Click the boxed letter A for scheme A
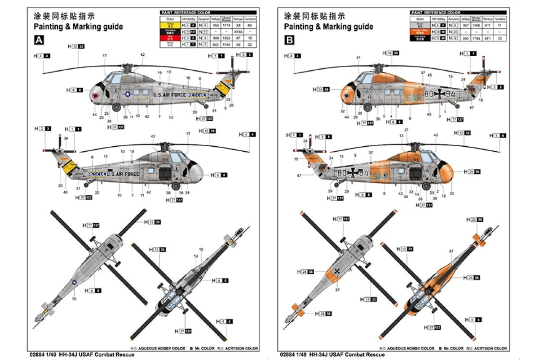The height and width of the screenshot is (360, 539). pos(39,40)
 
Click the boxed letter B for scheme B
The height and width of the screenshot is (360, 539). pos(289,40)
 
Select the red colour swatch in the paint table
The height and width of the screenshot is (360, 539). pos(170,39)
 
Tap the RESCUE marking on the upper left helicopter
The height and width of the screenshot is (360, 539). pos(196,95)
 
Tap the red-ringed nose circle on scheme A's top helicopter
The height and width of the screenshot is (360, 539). pos(95,96)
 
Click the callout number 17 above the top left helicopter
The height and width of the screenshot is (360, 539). pos(104,55)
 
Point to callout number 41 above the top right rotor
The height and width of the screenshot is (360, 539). pos(358,58)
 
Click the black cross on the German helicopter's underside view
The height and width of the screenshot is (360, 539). pos(337,271)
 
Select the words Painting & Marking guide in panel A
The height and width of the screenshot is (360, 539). pos(78,27)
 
